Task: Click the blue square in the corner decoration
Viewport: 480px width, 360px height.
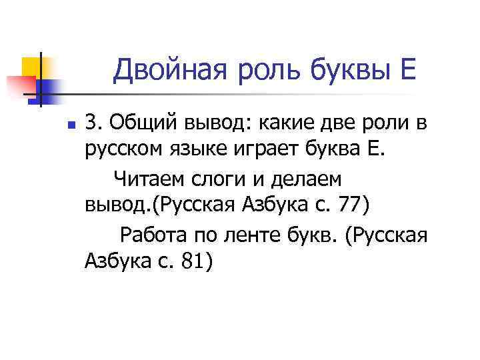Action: (x=50, y=87)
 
